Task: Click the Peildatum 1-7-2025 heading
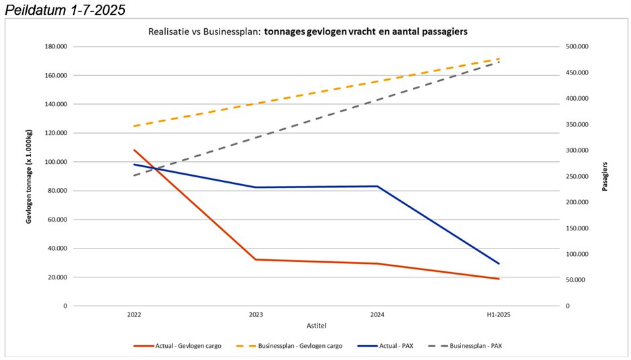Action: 64,10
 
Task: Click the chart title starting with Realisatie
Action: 307,32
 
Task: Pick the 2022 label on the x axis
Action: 134,314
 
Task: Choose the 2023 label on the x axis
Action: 256,314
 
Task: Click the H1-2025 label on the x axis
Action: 499,314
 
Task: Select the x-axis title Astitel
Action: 316,324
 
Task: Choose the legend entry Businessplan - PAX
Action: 476,346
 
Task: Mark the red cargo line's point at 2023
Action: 256,259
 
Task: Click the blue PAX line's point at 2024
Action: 377,186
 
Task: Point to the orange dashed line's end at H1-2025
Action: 499,58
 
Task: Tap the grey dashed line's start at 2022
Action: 134,175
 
